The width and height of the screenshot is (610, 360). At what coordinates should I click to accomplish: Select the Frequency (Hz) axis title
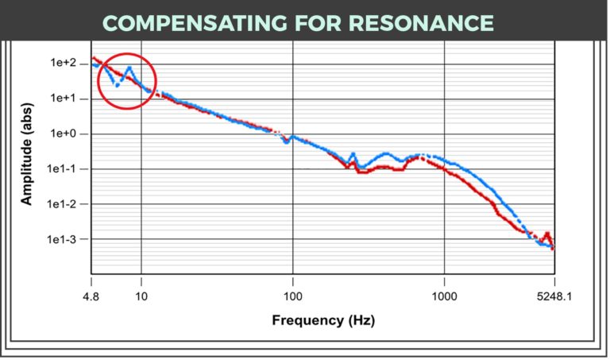(x=322, y=320)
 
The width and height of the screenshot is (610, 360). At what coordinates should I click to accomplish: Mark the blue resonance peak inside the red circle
(x=129, y=68)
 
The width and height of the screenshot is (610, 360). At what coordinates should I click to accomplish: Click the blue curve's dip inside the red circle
(x=117, y=84)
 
